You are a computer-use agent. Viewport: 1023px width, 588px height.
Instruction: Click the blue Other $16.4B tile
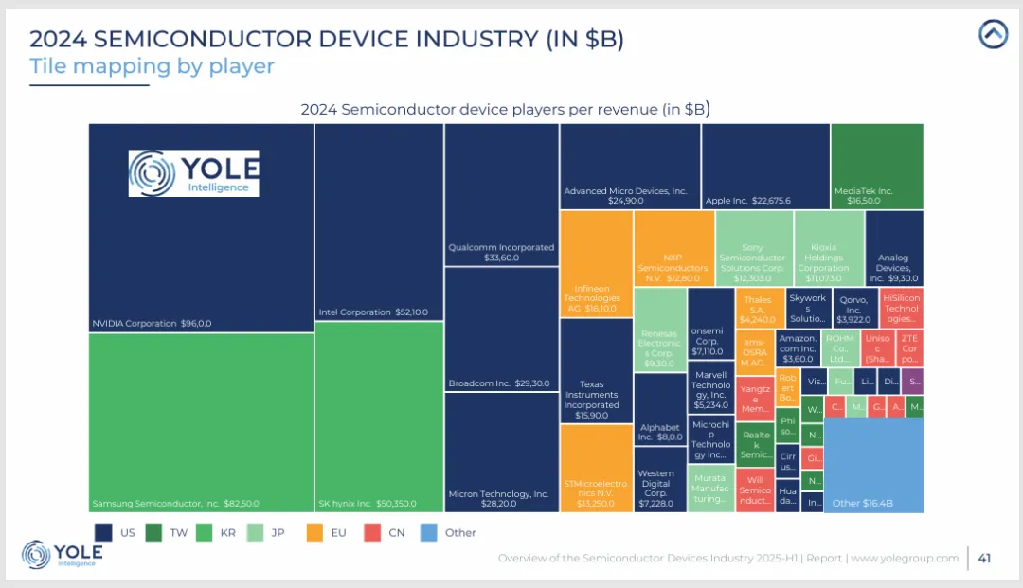tap(873, 465)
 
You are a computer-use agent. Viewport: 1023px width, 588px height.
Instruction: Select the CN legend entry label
tap(397, 532)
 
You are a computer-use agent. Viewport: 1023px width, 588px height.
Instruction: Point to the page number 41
tap(984, 558)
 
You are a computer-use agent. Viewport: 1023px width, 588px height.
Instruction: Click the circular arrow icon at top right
tap(993, 35)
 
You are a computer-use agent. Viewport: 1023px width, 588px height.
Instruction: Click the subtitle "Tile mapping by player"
tap(152, 66)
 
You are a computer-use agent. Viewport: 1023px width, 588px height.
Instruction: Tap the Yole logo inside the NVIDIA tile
tap(194, 173)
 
